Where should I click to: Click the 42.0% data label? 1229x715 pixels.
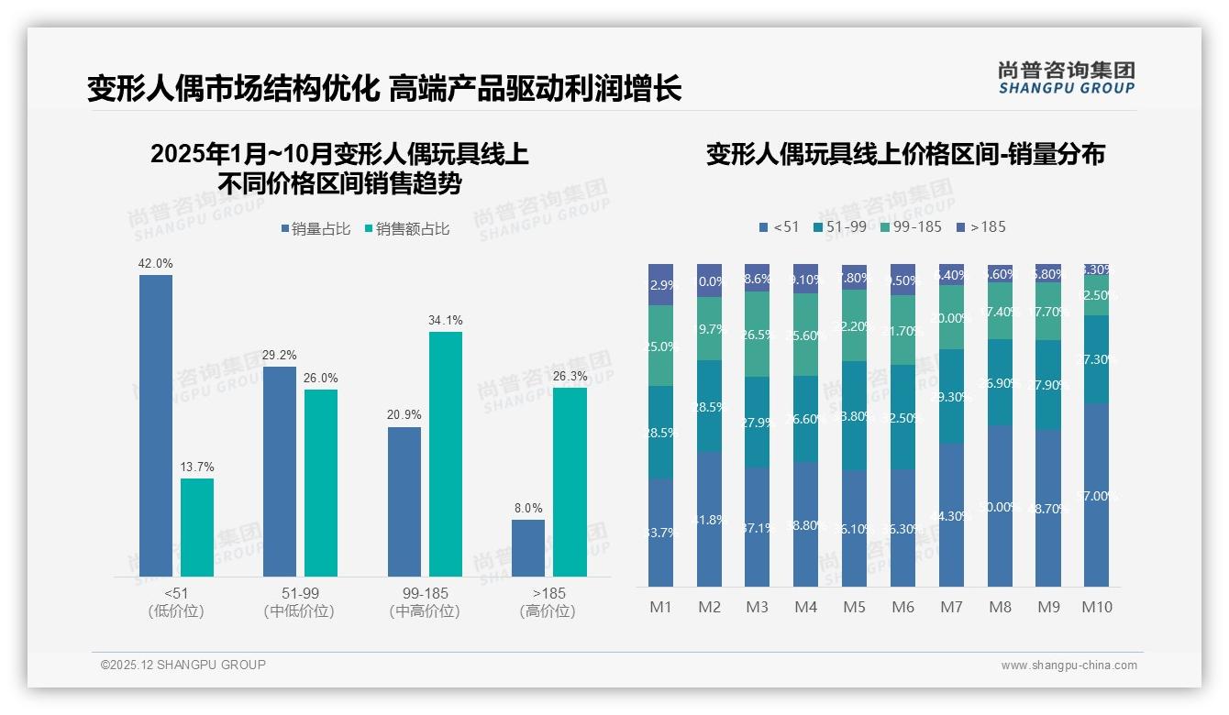tap(155, 264)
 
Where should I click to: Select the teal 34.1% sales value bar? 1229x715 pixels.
tap(445, 454)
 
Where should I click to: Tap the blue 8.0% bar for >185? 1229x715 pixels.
tap(527, 548)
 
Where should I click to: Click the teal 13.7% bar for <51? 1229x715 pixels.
tap(196, 527)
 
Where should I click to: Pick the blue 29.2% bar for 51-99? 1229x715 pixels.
tap(280, 471)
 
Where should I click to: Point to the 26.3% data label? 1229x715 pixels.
tap(570, 377)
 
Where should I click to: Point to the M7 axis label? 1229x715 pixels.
tap(951, 607)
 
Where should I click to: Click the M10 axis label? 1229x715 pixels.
tap(1096, 607)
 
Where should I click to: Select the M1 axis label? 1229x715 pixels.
tap(660, 607)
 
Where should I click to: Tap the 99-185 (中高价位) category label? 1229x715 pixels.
tap(425, 602)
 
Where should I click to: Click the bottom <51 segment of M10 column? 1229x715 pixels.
tap(1096, 495)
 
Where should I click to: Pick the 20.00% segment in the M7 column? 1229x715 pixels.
tap(951, 317)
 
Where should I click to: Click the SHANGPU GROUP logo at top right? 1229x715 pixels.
tap(1066, 78)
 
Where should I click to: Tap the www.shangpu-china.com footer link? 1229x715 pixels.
tap(1068, 665)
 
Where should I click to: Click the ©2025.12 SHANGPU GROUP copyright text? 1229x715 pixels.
tap(183, 665)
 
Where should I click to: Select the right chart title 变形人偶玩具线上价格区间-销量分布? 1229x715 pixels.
tap(905, 154)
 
